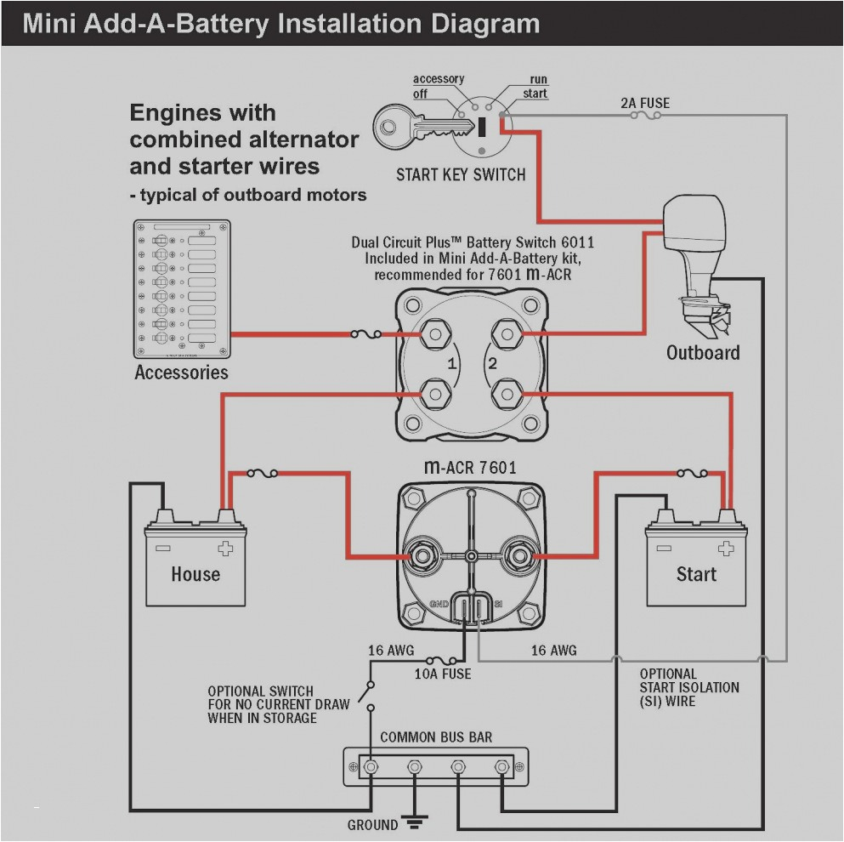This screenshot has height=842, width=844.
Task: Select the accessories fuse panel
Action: [181, 289]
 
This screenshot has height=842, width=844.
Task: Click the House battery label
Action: [195, 574]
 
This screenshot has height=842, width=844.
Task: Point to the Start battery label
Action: [696, 574]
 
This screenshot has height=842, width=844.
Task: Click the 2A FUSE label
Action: [644, 103]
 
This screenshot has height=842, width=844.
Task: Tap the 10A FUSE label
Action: [442, 674]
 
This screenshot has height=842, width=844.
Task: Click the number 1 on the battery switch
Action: [453, 365]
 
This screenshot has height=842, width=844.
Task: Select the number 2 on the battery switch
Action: [490, 365]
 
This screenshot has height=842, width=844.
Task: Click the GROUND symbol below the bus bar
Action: [414, 822]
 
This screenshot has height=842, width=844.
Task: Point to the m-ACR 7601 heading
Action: [470, 467]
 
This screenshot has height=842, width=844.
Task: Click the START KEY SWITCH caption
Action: [461, 175]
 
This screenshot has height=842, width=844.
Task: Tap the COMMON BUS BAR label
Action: [436, 737]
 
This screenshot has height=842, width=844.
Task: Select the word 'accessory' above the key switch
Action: [439, 79]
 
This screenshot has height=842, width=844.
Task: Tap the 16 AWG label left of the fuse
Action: [390, 651]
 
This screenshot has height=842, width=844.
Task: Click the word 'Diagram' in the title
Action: [481, 22]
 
